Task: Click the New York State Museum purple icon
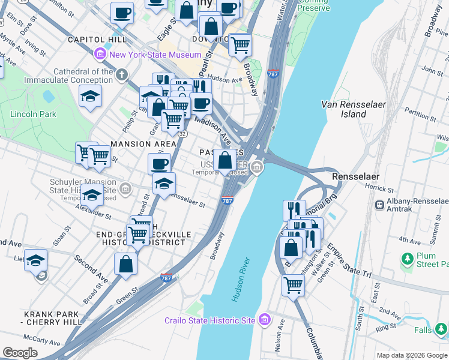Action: (x=101, y=55)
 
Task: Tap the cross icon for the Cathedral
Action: (x=122, y=75)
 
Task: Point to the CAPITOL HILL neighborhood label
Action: (x=97, y=40)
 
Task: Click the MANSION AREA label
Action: (x=143, y=144)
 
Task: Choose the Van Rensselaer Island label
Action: (x=352, y=109)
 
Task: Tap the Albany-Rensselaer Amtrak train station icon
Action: (x=379, y=205)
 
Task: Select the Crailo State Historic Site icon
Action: (x=263, y=320)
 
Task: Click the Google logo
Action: (x=20, y=353)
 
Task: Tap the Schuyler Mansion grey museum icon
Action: (x=125, y=190)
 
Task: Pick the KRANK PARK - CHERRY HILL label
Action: (x=52, y=318)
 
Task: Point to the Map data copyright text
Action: (x=411, y=355)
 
